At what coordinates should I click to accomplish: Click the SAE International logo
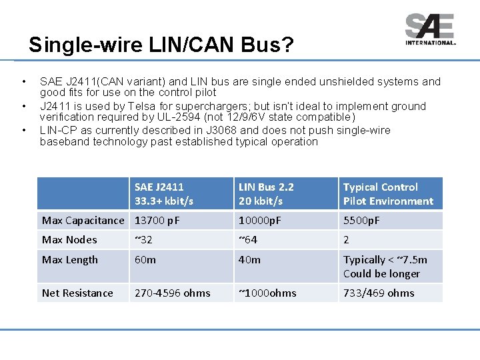pyautogui.click(x=430, y=29)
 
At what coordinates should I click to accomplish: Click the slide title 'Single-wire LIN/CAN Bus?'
pyautogui.click(x=161, y=45)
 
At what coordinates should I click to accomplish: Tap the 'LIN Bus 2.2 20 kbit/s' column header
pyautogui.click(x=266, y=194)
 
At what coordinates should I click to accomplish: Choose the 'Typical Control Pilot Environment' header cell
pyautogui.click(x=388, y=194)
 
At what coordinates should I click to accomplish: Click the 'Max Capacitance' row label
pyautogui.click(x=83, y=221)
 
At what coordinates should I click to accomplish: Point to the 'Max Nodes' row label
pyautogui.click(x=69, y=240)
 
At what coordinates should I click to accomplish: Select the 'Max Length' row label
pyautogui.click(x=70, y=260)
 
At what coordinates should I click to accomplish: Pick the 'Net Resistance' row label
pyautogui.click(x=77, y=293)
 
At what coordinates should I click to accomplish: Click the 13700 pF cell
pyautogui.click(x=157, y=221)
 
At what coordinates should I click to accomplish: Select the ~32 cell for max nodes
pyautogui.click(x=144, y=240)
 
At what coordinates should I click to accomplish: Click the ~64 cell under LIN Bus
pyautogui.click(x=248, y=240)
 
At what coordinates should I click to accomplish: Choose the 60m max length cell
pyautogui.click(x=145, y=260)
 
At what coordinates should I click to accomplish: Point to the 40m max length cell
pyautogui.click(x=249, y=260)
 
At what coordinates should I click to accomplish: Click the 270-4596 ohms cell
pyautogui.click(x=172, y=293)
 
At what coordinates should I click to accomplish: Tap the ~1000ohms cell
pyautogui.click(x=267, y=293)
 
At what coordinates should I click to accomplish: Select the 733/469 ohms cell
pyautogui.click(x=379, y=293)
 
